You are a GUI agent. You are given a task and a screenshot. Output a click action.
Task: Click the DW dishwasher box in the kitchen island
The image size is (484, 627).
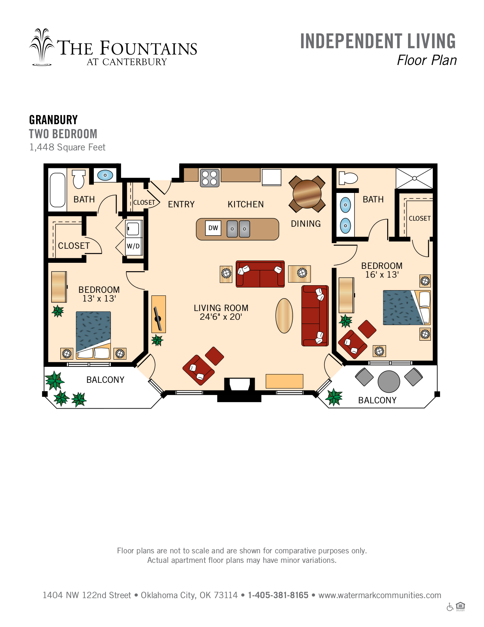[213, 228]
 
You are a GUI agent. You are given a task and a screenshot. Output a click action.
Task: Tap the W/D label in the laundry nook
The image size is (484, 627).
[133, 246]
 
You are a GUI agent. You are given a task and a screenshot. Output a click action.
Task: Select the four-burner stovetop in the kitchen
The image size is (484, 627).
[210, 178]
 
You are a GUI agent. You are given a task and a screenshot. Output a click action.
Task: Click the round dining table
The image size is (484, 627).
[307, 194]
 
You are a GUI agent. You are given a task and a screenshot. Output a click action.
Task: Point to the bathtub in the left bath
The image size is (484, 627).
[58, 190]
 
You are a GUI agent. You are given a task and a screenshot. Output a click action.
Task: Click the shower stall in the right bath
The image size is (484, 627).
[414, 178]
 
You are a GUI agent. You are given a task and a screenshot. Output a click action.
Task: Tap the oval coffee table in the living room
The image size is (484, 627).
[284, 316]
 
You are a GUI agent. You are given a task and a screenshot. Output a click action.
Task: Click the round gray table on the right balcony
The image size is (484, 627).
[389, 381]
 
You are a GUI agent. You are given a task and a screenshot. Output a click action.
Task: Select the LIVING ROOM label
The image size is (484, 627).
[221, 308]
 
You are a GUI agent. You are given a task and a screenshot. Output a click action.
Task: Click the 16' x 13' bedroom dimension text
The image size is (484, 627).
[382, 275]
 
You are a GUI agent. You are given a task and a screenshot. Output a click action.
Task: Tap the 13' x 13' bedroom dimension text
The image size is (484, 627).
[99, 298]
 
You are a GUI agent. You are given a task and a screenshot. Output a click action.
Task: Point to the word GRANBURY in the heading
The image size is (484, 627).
[54, 120]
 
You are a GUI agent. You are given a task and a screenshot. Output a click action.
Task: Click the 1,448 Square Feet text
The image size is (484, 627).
[67, 147]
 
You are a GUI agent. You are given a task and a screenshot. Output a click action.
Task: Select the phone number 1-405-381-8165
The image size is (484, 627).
[278, 595]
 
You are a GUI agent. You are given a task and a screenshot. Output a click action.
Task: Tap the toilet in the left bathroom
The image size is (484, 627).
[79, 179]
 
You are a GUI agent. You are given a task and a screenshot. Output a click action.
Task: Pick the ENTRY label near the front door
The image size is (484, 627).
[181, 204]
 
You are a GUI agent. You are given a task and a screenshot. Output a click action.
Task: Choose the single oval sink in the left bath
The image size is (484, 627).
[105, 175]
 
